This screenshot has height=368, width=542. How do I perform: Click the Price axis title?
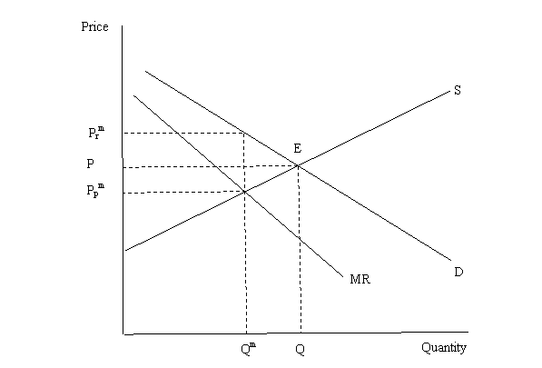click(94, 26)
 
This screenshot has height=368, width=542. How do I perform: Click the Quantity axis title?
click(444, 347)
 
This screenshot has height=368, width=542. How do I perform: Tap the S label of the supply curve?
click(458, 90)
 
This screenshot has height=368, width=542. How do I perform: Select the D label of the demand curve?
click(458, 273)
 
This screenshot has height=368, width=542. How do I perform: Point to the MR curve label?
click(360, 279)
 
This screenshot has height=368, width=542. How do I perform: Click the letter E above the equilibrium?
click(297, 148)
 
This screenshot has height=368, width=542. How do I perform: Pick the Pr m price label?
click(96, 133)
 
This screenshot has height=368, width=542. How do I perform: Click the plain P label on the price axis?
click(90, 164)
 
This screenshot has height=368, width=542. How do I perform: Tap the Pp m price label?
click(95, 190)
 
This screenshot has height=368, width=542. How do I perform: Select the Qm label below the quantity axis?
click(249, 348)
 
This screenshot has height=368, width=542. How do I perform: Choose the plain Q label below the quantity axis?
click(300, 349)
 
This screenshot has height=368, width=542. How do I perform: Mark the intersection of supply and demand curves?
click(298, 166)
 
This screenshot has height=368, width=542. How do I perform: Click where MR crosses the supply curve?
click(244, 191)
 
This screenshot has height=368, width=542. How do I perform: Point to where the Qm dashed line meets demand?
click(243, 133)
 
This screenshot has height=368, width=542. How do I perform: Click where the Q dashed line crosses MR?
click(300, 238)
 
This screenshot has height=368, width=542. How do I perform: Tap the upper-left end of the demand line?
click(145, 71)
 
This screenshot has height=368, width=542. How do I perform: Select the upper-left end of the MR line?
click(133, 95)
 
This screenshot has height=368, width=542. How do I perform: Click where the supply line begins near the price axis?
click(125, 250)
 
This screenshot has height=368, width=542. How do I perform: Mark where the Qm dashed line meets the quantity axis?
click(246, 333)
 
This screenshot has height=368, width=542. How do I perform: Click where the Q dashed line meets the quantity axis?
click(301, 333)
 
